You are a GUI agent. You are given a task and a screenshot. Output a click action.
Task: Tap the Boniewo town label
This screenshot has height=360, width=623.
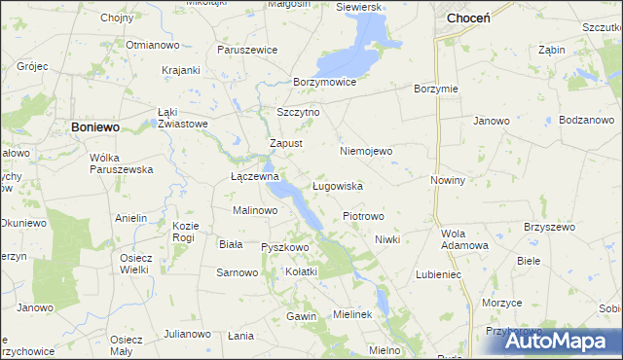coord(94,126)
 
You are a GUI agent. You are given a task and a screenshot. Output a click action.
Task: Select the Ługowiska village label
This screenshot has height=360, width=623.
coord(337,185)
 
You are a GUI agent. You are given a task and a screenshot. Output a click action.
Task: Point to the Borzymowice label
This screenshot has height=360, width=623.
coord(324,83)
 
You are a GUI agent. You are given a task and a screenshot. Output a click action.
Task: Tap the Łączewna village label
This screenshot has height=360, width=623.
coord(254,177)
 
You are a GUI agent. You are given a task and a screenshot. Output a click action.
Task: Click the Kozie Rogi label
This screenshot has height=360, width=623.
coord(185,231)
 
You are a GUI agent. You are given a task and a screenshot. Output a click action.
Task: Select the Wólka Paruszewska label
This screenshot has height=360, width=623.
coord(122,162)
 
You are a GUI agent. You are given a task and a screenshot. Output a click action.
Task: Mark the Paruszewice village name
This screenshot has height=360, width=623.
coord(247,50)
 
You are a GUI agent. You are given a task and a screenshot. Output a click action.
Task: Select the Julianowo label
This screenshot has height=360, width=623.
coord(187,334)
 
